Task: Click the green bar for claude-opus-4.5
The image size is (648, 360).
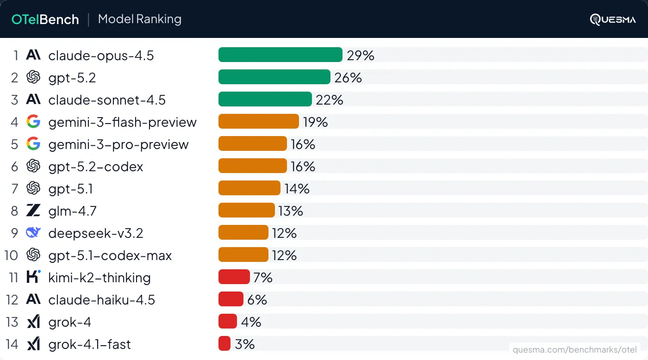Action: pos(280,55)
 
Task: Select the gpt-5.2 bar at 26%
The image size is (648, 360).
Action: pos(274,77)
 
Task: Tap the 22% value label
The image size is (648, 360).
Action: pos(330,100)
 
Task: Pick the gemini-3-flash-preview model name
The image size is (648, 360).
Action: pos(122,122)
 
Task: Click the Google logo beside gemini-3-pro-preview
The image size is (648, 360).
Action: pos(33,144)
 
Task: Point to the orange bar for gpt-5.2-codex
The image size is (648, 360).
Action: pos(252,166)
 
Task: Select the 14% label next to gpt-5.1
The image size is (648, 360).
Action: pos(297,189)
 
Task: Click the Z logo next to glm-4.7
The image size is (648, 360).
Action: pos(33,211)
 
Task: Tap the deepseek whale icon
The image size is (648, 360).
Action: pos(33,233)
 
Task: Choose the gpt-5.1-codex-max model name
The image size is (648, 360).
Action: pos(110,255)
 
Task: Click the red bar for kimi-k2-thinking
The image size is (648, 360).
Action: pos(234,277)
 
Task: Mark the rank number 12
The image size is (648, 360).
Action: pos(12,300)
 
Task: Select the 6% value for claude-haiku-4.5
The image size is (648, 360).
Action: pos(257,300)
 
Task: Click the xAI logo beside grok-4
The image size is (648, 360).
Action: pos(33,322)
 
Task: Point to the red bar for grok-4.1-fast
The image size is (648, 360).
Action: pos(224,344)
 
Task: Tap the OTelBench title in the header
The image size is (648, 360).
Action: pos(45,19)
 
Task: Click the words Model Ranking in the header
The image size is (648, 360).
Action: pos(140,19)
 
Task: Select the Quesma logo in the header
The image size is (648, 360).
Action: pos(613,19)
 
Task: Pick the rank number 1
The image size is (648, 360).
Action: pos(16,56)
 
